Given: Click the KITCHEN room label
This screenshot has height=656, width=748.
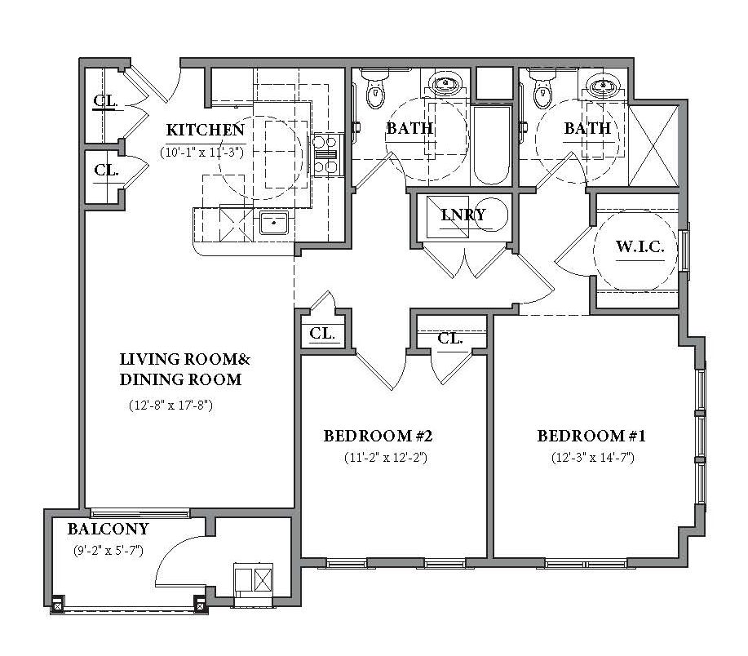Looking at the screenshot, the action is coord(205,130).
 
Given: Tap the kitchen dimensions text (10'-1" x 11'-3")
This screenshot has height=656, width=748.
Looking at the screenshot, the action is coord(202,153).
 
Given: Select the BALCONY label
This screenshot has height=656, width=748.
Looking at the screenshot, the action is coord(108,529).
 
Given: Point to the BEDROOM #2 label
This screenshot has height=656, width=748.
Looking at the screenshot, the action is coord(378,436).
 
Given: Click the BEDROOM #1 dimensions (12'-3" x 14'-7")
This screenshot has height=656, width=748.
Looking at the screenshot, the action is coord(592,458).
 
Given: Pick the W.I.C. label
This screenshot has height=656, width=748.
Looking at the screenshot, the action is coord(640,246).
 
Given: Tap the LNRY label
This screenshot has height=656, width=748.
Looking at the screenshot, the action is coord(463,215).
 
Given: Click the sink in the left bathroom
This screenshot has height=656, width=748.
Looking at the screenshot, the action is coord(445,84).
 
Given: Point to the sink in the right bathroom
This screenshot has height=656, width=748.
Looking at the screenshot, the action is coord(603,86).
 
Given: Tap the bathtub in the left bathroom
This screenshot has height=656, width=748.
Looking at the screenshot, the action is coord(491,145).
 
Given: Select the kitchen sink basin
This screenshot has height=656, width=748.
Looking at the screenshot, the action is coord(274,223).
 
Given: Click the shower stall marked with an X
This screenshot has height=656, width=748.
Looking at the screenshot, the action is coord(653,145).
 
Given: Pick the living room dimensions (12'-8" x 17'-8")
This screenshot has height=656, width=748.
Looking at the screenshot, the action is coord(170,406).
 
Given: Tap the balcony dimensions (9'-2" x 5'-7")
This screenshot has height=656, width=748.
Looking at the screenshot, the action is coord(108,551).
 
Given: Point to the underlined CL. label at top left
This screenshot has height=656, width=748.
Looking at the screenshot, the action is coord(105,101).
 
